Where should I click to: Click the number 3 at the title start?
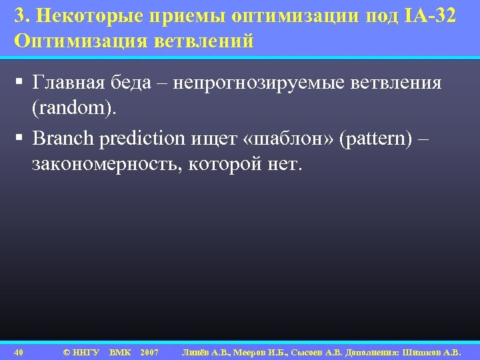pyautogui.click(x=18, y=16)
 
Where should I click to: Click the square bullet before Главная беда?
pyautogui.click(x=19, y=83)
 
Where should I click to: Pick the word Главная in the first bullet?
pyautogui.click(x=67, y=83)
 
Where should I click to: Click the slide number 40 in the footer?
pyautogui.click(x=19, y=351)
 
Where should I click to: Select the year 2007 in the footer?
pyautogui.click(x=149, y=351)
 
